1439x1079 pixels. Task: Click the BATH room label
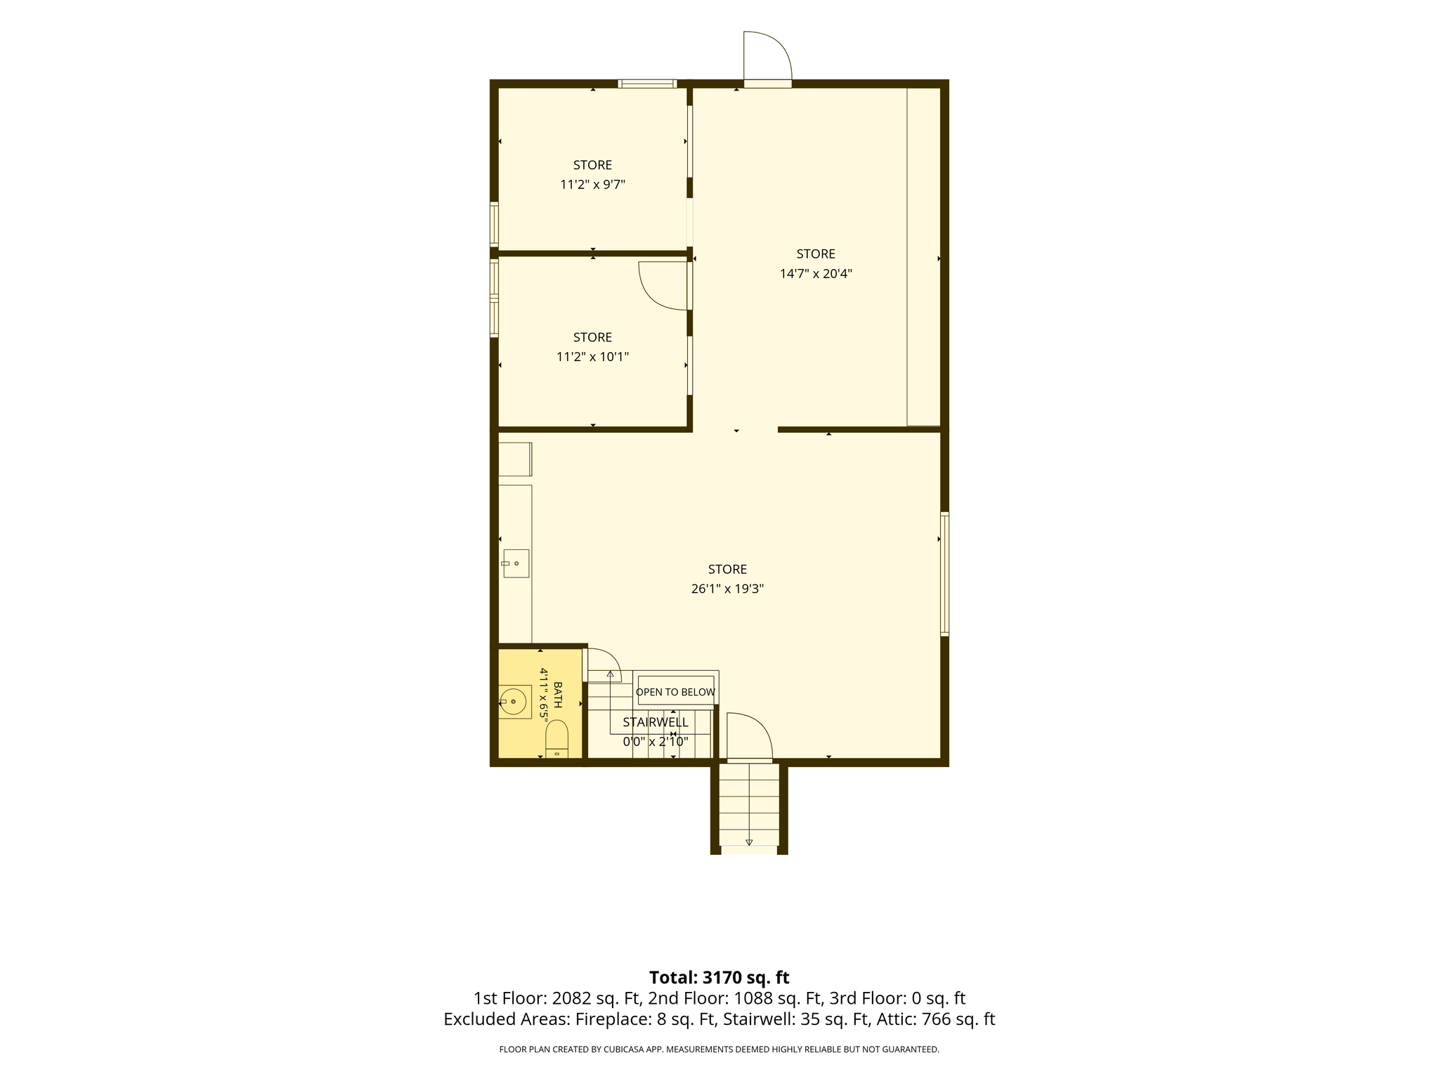click(558, 695)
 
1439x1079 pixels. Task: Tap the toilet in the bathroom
click(556, 739)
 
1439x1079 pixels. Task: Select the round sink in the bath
click(514, 701)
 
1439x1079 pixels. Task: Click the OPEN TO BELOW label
click(676, 692)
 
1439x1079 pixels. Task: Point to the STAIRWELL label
click(656, 722)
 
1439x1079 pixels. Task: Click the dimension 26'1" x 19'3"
click(727, 589)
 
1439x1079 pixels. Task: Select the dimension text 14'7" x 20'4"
click(816, 273)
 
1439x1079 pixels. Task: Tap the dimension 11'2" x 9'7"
click(592, 185)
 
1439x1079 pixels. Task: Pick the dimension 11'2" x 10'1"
click(592, 357)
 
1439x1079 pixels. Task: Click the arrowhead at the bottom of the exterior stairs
click(749, 842)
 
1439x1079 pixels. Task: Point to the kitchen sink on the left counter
click(516, 563)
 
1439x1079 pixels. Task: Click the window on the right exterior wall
click(944, 574)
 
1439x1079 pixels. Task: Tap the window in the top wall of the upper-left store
click(647, 84)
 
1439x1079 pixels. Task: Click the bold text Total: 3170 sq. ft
click(719, 977)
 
